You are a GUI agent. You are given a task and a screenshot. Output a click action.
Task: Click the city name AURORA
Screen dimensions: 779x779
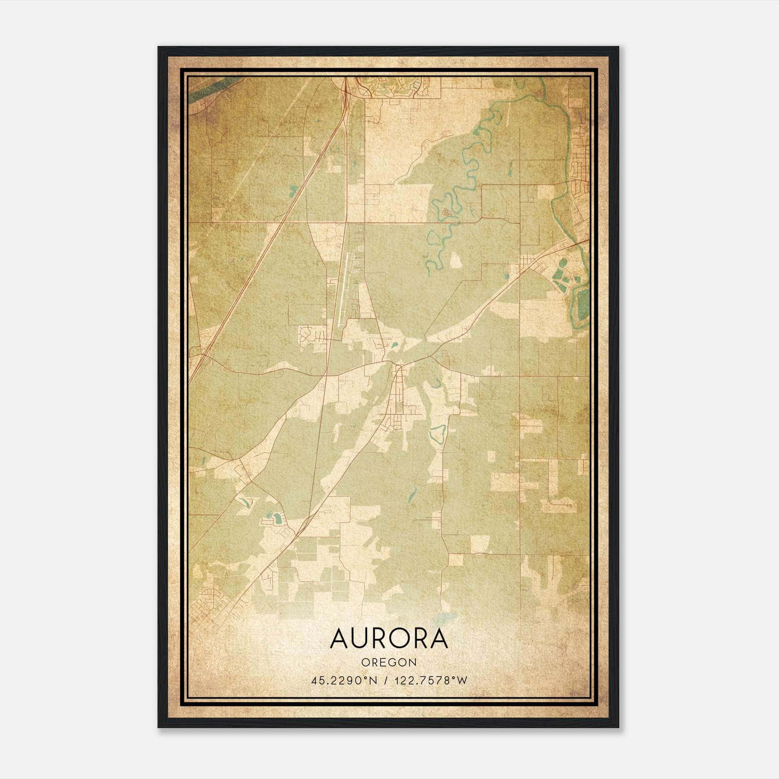click(389, 638)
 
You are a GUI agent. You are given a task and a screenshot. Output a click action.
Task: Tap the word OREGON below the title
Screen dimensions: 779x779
click(389, 663)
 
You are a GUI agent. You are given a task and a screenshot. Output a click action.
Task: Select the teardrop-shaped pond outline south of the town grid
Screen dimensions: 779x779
click(438, 433)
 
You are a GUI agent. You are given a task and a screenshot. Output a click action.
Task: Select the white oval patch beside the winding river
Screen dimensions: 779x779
click(456, 260)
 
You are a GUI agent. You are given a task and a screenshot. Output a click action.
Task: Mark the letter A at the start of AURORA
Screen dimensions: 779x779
click(339, 638)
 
